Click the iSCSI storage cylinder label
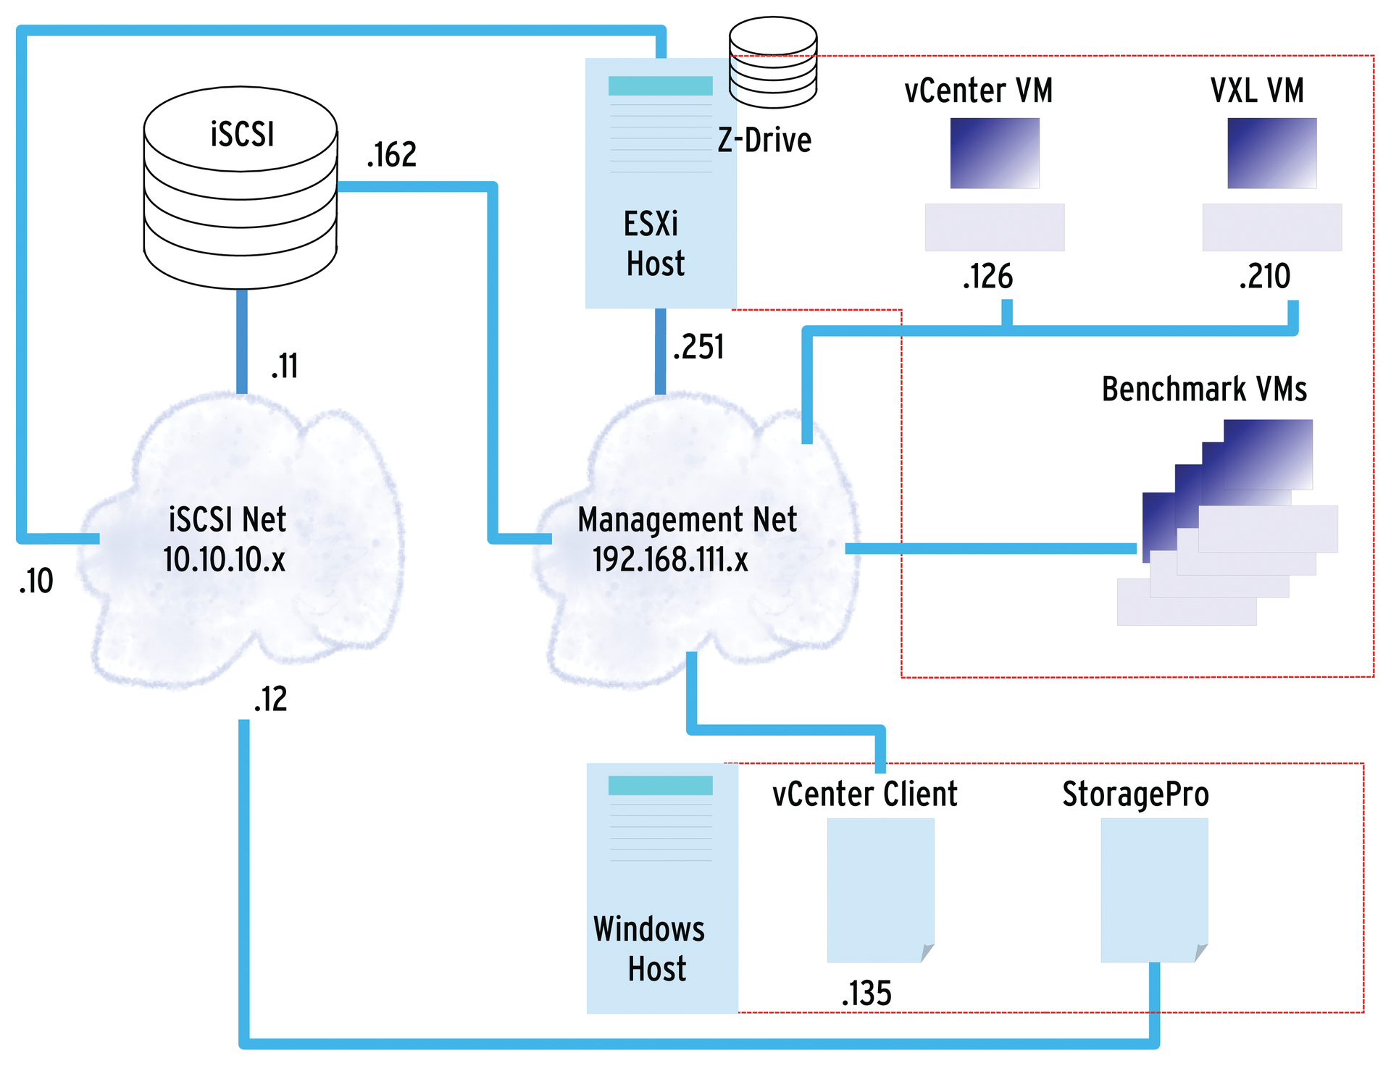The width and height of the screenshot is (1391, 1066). tap(242, 135)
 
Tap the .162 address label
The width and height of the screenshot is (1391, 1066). tap(391, 155)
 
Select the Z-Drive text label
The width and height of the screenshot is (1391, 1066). tap(764, 140)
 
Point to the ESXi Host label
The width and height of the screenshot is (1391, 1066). tap(653, 244)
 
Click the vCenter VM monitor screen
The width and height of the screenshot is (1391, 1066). tap(994, 153)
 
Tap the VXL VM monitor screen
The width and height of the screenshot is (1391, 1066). tap(1271, 153)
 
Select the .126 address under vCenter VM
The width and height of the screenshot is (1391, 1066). tap(987, 277)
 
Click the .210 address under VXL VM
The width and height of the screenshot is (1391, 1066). tap(1264, 277)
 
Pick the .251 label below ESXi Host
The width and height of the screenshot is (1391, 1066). tap(698, 347)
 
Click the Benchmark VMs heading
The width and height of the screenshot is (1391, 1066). tap(1203, 390)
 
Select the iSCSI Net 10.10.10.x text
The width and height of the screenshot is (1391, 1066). tap(226, 540)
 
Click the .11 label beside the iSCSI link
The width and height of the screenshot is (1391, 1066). tap(285, 366)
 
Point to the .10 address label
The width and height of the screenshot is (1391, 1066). tap(36, 581)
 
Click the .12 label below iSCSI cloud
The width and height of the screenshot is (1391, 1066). tap(270, 700)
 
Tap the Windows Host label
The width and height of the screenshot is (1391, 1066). tap(650, 949)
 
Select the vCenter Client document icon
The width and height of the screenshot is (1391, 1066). tap(880, 889)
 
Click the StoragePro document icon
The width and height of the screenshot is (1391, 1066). tap(1153, 889)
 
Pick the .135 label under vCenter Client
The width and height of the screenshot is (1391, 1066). tap(866, 994)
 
